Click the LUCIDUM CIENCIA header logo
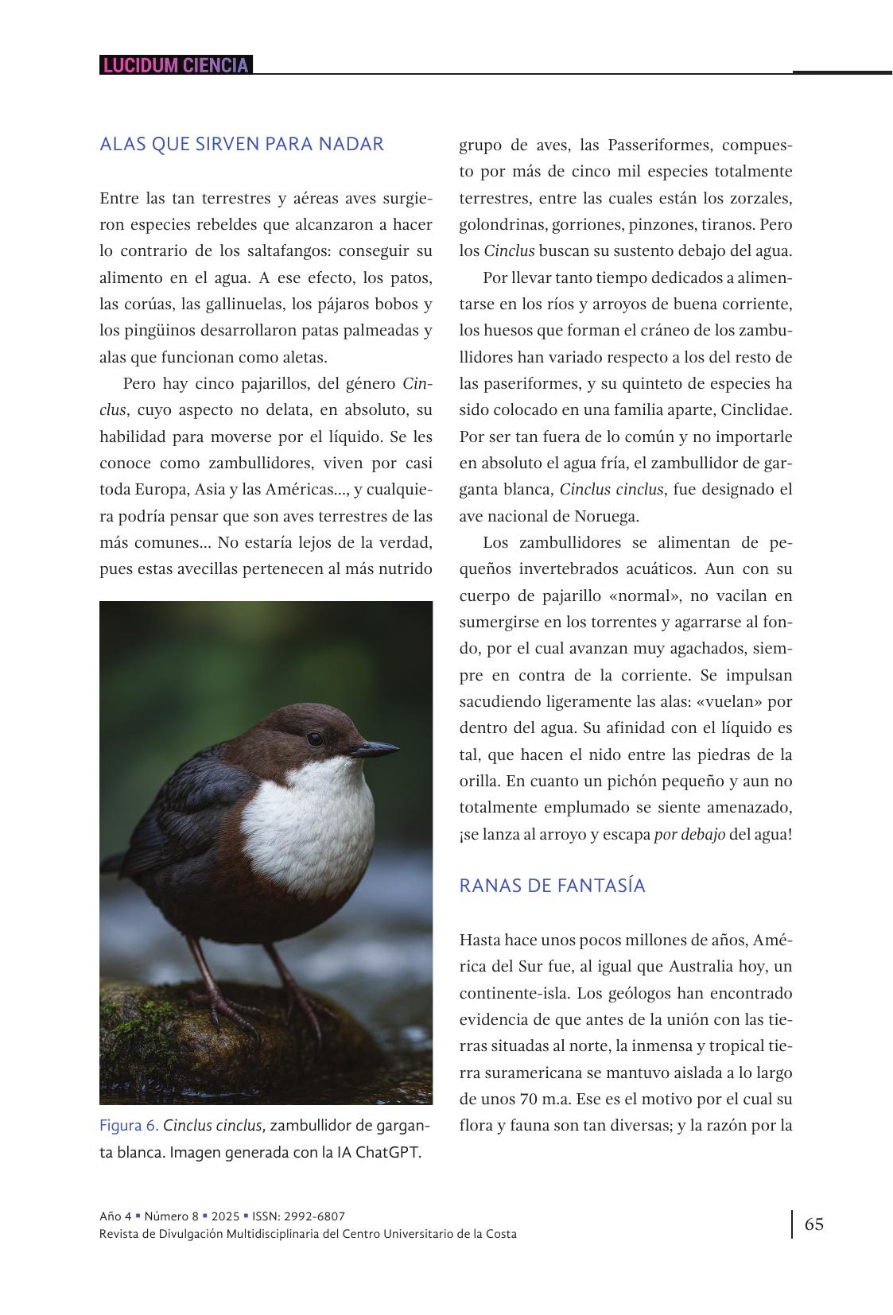pos(176,65)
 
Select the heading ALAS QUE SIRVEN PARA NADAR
pos(242,144)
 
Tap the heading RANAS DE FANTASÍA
pos(552,886)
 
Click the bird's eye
pos(315,739)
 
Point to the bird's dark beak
pos(374,748)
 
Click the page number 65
pos(814,1224)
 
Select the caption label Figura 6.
pos(129,1126)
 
